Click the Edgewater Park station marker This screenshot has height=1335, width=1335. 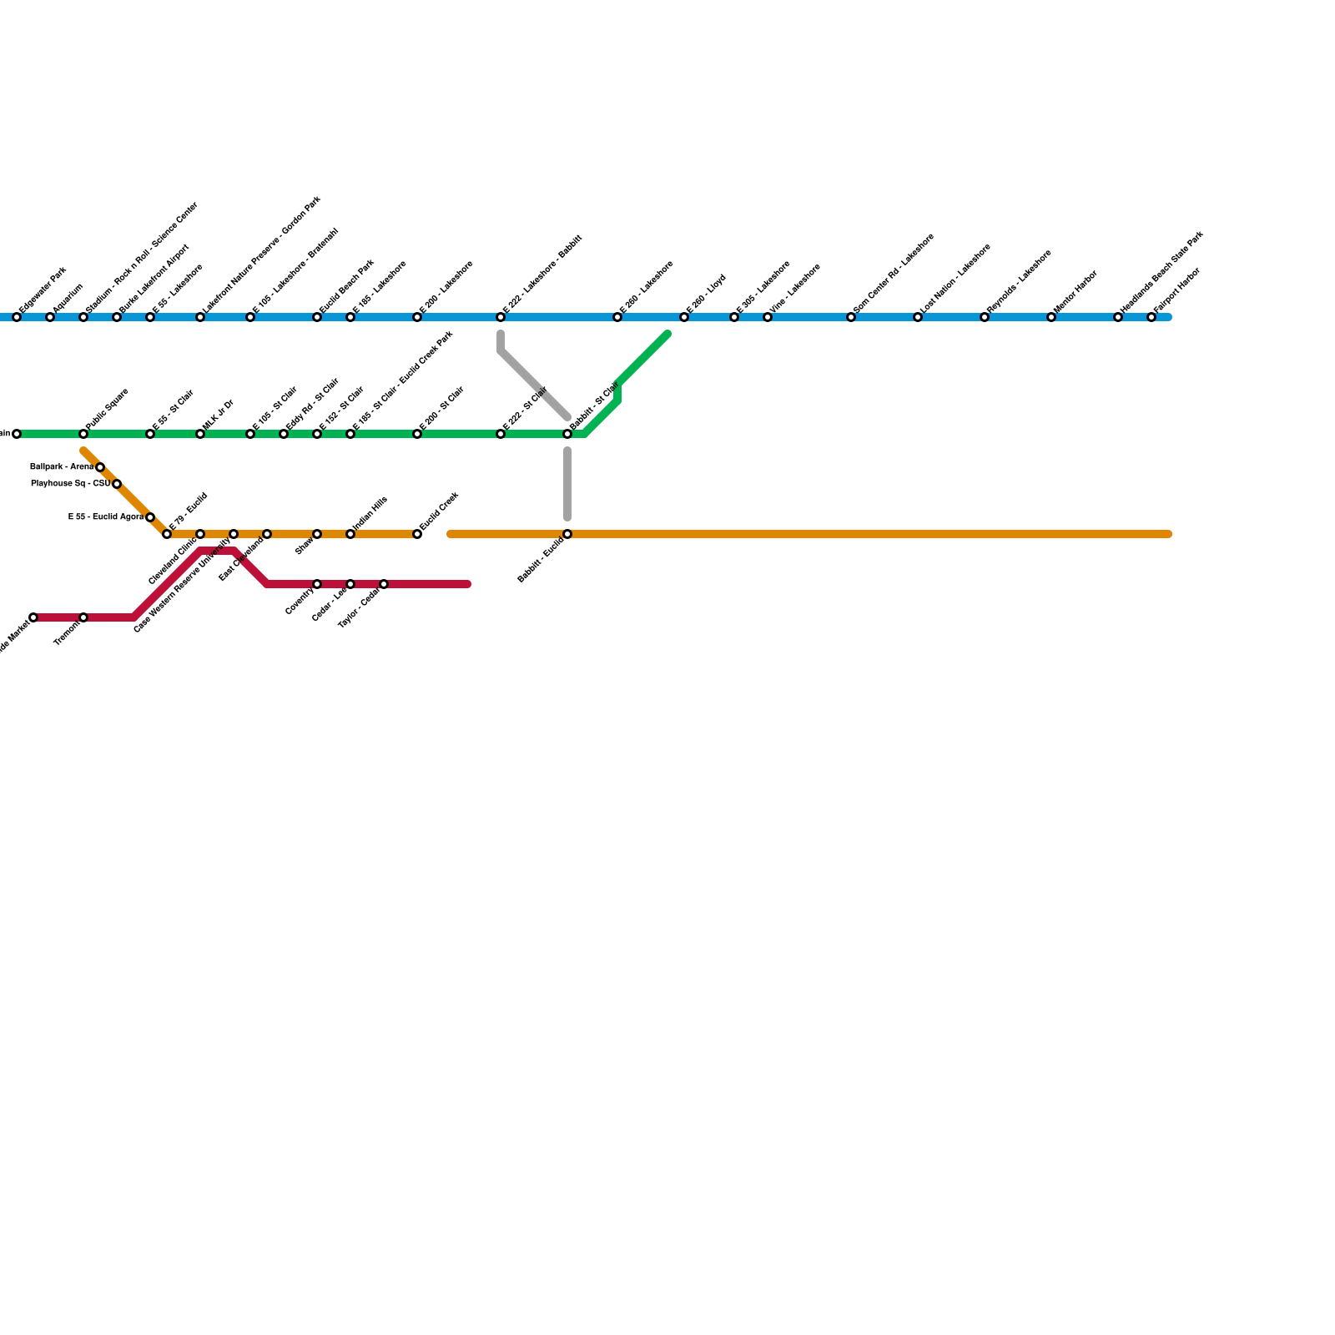pyautogui.click(x=17, y=317)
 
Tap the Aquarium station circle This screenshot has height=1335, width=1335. pyautogui.click(x=50, y=317)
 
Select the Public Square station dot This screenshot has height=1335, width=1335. pyautogui.click(x=83, y=434)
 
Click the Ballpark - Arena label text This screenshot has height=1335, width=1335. pyautogui.click(x=61, y=467)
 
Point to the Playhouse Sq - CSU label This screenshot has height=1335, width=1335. pyautogui.click(x=70, y=484)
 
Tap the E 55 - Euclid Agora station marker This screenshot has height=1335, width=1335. pyautogui.click(x=150, y=517)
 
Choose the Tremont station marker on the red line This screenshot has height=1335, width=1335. pyautogui.click(x=83, y=617)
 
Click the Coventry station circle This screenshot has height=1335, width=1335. pyautogui.click(x=317, y=584)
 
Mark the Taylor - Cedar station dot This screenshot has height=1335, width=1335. pyautogui.click(x=384, y=584)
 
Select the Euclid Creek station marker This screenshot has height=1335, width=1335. pyautogui.click(x=417, y=534)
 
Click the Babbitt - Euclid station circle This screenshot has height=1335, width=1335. pyautogui.click(x=567, y=534)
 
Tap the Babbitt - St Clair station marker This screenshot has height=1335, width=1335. pyautogui.click(x=567, y=434)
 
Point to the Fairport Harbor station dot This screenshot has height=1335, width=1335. pyautogui.click(x=1151, y=317)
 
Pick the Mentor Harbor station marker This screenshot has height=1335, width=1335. pyautogui.click(x=1051, y=317)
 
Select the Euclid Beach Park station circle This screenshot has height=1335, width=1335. pyautogui.click(x=317, y=317)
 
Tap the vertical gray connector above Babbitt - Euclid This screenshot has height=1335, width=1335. pyautogui.click(x=567, y=484)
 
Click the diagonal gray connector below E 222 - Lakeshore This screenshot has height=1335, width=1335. pyautogui.click(x=534, y=384)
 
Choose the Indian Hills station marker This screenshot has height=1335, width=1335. pyautogui.click(x=350, y=534)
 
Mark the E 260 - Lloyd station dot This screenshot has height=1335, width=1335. pyautogui.click(x=684, y=317)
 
